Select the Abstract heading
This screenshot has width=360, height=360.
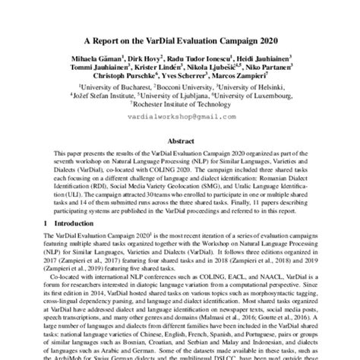(x=180, y=141)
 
